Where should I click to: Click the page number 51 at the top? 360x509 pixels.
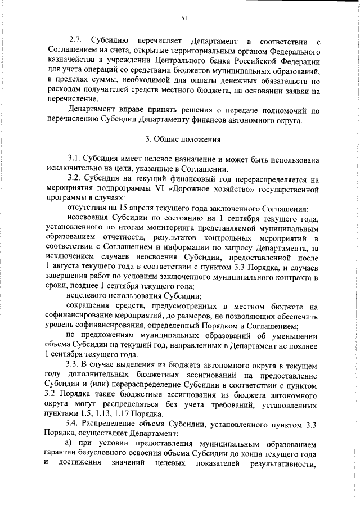(x=183, y=18)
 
